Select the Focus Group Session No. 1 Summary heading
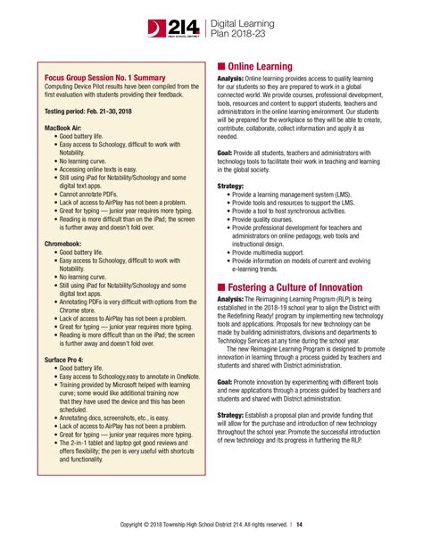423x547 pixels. pyautogui.click(x=105, y=78)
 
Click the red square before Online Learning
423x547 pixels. pyautogui.click(x=222, y=66)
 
